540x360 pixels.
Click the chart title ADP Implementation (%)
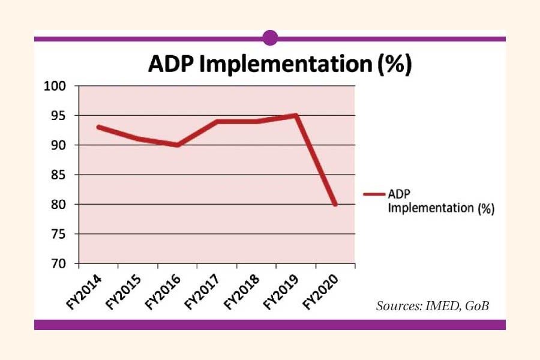[x=280, y=65]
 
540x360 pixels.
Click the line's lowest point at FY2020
[x=335, y=205]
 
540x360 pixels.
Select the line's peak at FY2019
[x=296, y=115]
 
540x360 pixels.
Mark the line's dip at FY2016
[x=178, y=145]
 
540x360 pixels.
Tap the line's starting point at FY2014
[x=98, y=127]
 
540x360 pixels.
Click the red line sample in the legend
[x=374, y=194]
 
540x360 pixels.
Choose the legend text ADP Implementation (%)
[x=440, y=202]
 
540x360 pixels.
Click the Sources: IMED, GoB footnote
[x=432, y=306]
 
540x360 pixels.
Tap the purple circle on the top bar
[x=270, y=38]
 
